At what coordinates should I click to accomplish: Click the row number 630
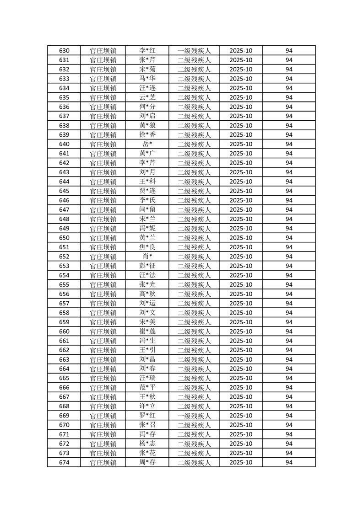point(64,51)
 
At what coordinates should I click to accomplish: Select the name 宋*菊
point(147,69)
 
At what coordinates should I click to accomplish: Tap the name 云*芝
point(147,97)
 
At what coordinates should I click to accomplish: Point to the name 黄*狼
point(147,126)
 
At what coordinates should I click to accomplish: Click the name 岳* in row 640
point(147,144)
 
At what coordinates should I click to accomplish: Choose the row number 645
point(64,191)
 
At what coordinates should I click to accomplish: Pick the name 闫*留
point(147,210)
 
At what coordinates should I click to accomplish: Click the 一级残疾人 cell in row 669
point(194,416)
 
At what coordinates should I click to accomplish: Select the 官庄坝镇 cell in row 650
point(103,238)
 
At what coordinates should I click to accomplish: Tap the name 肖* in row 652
point(147,256)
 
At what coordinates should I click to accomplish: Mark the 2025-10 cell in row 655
point(241,284)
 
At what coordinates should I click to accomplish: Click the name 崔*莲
point(147,331)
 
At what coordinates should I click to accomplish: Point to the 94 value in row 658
point(289,313)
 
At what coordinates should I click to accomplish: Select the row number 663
point(64,359)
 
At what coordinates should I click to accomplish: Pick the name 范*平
point(147,388)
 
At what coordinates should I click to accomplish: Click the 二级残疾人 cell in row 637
point(194,116)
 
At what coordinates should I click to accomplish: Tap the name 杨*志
point(147,444)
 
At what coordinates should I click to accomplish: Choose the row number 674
point(64,462)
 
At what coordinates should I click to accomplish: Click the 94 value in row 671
point(289,434)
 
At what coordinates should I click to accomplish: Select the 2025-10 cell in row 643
point(241,172)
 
